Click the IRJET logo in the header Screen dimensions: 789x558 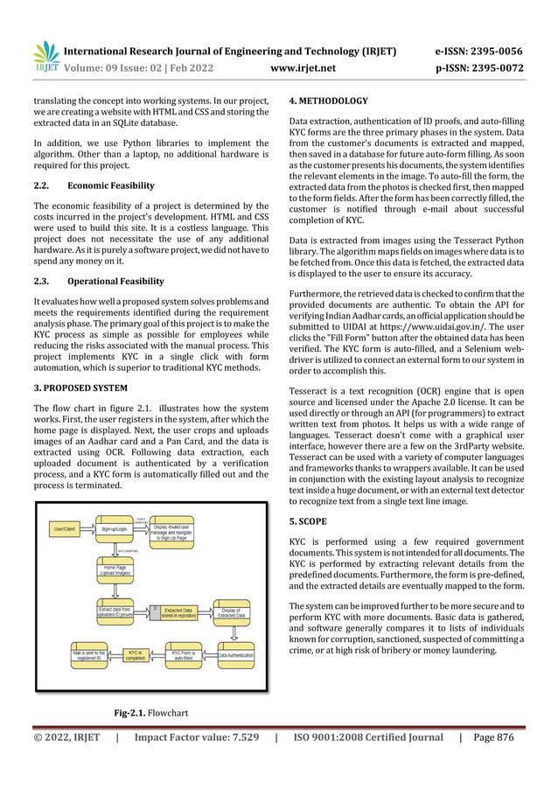point(45,56)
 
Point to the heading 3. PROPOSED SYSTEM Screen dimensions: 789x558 point(80,387)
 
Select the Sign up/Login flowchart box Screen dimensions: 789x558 point(118,528)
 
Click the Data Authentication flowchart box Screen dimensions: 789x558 point(235,655)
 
